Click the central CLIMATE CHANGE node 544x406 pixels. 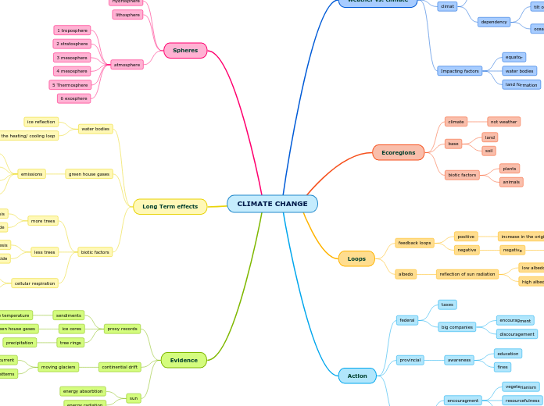click(x=272, y=204)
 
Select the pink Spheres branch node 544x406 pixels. click(x=185, y=51)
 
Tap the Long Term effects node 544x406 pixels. click(x=170, y=207)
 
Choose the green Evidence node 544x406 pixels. click(x=184, y=360)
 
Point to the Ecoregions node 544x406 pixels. click(x=398, y=153)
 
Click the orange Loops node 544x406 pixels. click(x=356, y=258)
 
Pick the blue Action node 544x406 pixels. click(x=357, y=376)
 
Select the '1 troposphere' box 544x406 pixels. click(x=72, y=30)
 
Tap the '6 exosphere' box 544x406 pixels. click(x=73, y=98)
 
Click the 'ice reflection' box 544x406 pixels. click(x=41, y=122)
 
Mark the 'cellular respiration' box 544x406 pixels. click(x=34, y=283)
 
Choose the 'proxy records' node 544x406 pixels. click(x=122, y=329)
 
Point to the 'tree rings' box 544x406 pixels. click(x=70, y=342)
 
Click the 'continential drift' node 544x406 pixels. click(x=120, y=366)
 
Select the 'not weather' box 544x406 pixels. click(x=503, y=122)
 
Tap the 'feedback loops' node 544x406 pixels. click(x=414, y=243)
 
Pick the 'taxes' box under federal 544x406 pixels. click(x=447, y=304)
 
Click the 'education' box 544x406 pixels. click(x=507, y=354)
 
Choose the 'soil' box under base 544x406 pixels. click(x=489, y=151)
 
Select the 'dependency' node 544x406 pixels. click(x=494, y=22)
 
